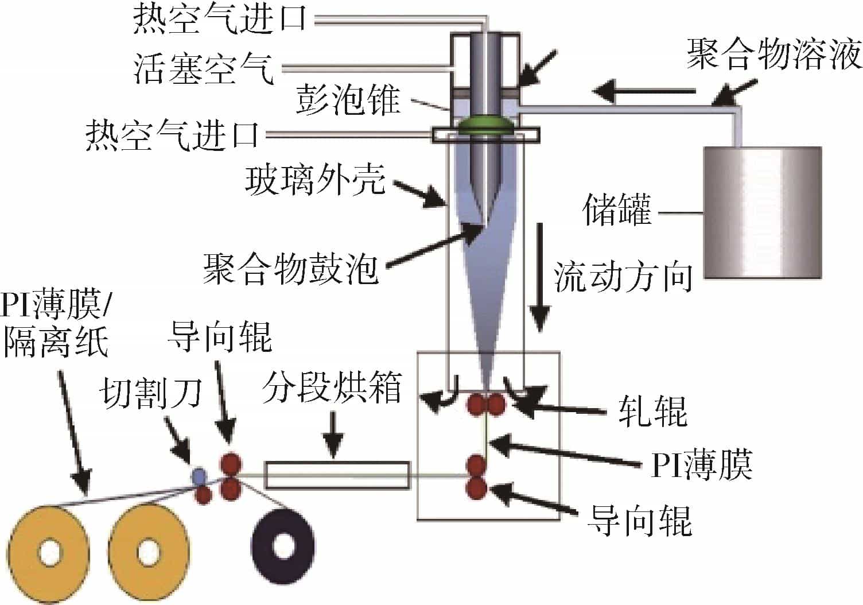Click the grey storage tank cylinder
[x=762, y=212]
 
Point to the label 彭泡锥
[x=348, y=100]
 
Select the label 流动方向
[x=623, y=277]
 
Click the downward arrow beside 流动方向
[x=539, y=276]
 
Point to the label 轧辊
[x=652, y=412]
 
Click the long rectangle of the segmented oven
[x=338, y=475]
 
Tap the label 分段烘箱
[x=332, y=389]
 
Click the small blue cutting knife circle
[x=199, y=475]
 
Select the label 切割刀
[x=151, y=394]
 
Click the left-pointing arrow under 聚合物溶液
[x=643, y=91]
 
